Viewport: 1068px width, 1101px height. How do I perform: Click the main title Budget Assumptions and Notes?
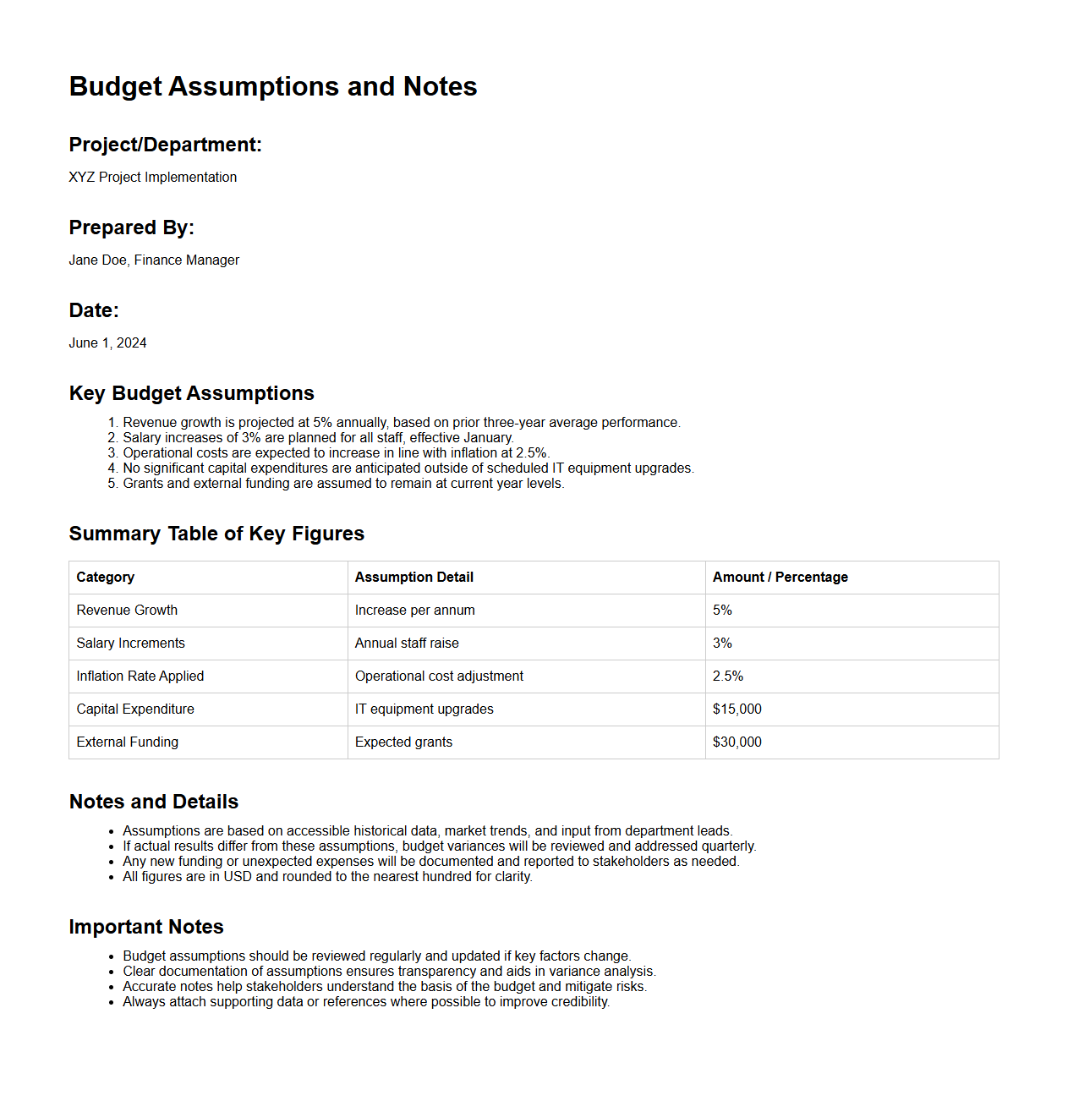click(273, 86)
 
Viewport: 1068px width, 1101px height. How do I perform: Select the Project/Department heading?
click(165, 145)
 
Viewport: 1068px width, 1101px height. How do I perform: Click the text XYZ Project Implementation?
click(152, 177)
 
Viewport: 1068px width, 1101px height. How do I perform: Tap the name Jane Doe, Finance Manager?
click(154, 260)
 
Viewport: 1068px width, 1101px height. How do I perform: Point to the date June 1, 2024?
click(107, 342)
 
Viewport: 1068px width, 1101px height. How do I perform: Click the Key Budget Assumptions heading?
click(191, 393)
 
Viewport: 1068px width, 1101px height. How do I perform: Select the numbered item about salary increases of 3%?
click(318, 437)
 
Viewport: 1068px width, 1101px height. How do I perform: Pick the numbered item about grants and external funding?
click(343, 483)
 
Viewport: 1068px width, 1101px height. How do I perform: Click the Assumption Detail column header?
click(414, 577)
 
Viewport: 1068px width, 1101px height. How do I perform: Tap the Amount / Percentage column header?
click(780, 577)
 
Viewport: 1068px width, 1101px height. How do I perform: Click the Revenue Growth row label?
click(127, 610)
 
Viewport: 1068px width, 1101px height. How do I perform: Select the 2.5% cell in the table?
click(727, 676)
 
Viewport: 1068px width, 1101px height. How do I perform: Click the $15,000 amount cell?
click(737, 709)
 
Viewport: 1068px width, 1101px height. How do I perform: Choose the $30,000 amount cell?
click(737, 742)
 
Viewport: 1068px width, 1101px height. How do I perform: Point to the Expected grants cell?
click(403, 742)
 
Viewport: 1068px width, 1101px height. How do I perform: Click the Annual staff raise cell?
click(407, 643)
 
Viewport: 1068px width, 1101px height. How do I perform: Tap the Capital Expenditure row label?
click(135, 709)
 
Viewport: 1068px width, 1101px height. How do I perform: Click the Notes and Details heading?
click(154, 802)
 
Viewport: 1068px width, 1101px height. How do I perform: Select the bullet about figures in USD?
click(327, 876)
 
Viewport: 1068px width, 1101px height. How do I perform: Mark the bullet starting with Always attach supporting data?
click(366, 1001)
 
